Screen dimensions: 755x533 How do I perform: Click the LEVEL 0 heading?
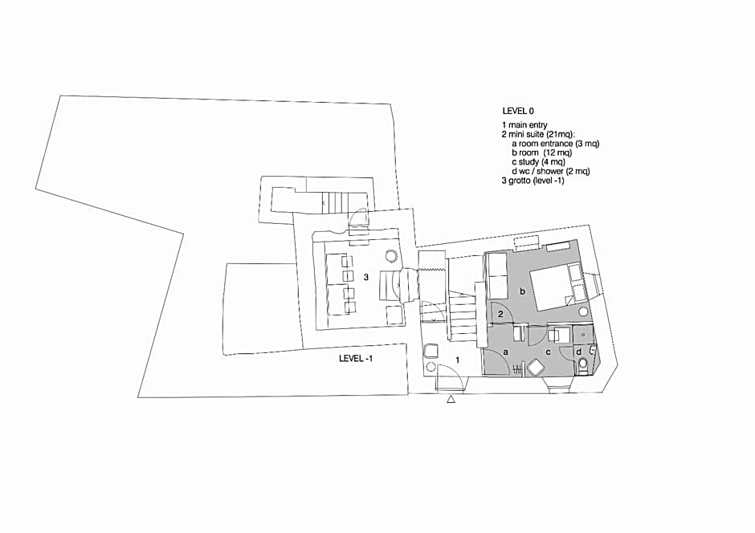(x=517, y=111)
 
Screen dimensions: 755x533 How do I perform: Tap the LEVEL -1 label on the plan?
(x=355, y=358)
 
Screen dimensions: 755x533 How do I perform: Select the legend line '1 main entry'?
(x=524, y=125)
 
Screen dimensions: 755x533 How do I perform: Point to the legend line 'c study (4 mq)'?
(x=538, y=162)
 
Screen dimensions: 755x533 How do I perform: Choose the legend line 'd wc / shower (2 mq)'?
(x=551, y=171)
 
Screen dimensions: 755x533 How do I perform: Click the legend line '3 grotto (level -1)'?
(x=533, y=181)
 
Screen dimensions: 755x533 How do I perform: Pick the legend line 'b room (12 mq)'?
(x=541, y=153)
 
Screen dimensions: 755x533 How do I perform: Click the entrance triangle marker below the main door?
(x=451, y=399)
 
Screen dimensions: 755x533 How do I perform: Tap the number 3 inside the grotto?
(x=366, y=277)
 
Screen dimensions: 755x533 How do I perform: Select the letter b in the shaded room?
(x=522, y=291)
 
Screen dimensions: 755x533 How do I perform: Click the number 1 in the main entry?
(x=458, y=360)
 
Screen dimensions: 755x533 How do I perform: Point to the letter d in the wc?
(x=579, y=352)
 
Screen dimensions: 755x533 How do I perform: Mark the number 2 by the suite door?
(x=500, y=314)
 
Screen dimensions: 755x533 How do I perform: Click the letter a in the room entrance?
(x=505, y=352)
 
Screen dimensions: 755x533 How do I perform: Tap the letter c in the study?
(x=548, y=352)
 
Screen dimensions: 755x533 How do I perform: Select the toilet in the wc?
(x=582, y=365)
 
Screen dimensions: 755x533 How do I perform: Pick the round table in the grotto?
(x=391, y=255)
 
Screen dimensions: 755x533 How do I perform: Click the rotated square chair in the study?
(x=536, y=368)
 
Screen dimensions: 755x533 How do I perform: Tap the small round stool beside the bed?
(x=584, y=311)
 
